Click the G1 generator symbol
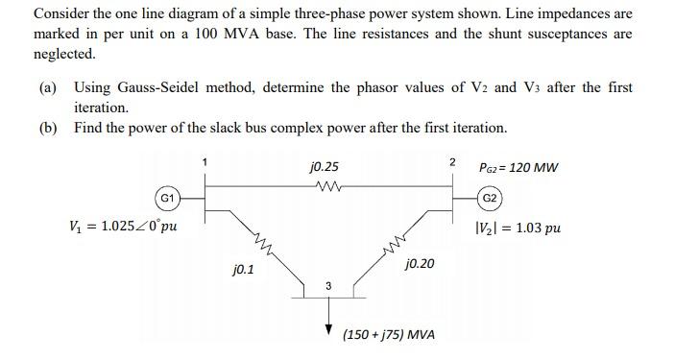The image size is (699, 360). [x=166, y=199]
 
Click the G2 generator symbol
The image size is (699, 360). [x=490, y=199]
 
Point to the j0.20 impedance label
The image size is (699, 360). [x=420, y=262]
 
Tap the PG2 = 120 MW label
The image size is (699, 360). [x=518, y=168]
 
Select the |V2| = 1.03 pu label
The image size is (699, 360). [x=518, y=228]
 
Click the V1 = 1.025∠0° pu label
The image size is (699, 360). [x=122, y=228]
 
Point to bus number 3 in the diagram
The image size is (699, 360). [x=327, y=285]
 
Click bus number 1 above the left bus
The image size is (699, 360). [x=204, y=162]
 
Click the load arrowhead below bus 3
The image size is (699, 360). [x=328, y=321]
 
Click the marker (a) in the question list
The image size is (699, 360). [x=48, y=87]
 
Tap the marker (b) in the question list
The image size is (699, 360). [x=48, y=128]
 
